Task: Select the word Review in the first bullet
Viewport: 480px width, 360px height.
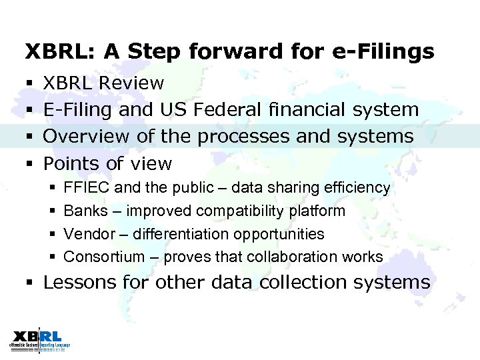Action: click(133, 83)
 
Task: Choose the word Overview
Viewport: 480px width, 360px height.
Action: click(86, 136)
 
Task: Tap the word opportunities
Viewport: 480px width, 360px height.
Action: click(281, 234)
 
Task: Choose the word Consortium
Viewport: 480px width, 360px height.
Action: click(104, 257)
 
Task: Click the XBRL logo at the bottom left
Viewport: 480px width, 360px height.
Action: click(39, 339)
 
